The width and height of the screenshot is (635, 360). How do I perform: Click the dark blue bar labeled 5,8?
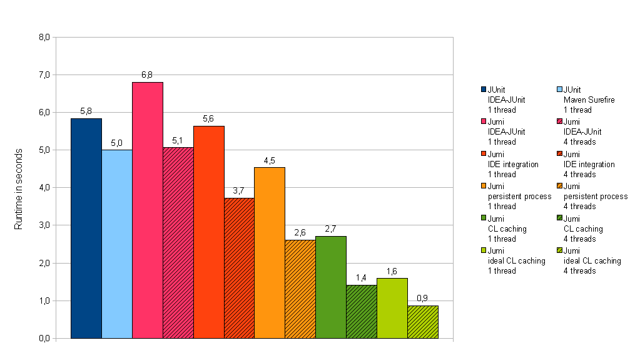pos(86,229)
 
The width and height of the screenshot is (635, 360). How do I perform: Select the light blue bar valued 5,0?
pos(117,244)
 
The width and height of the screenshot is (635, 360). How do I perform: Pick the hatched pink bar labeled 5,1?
pos(178,243)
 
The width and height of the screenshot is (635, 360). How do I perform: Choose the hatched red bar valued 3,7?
pos(240,268)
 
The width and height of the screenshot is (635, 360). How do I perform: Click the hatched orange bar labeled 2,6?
pos(300,289)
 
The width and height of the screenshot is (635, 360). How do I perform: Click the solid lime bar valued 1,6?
pos(392,308)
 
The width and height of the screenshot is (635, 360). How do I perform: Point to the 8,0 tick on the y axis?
pos(44,37)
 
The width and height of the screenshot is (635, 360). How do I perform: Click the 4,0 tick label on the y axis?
pos(44,188)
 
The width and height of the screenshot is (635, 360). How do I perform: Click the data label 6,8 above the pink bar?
pos(148,75)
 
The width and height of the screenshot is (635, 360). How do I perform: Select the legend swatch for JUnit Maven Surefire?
pos(560,90)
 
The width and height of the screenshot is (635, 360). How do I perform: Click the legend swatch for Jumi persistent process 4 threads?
pos(560,187)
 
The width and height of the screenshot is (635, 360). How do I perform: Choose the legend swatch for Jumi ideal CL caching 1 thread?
pos(484,251)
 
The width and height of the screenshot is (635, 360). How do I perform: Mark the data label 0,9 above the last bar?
pos(423,299)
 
